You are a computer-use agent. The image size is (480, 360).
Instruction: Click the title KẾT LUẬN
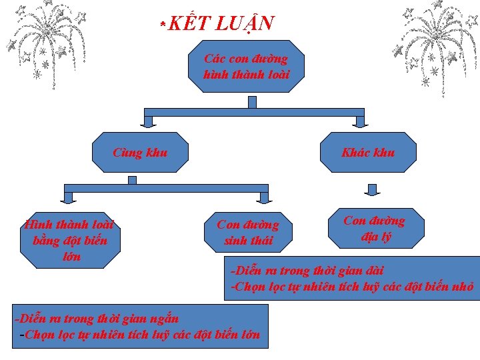[221, 24]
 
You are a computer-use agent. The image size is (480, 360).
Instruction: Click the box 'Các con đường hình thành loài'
[247, 66]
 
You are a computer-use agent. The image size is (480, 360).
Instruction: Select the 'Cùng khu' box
[140, 152]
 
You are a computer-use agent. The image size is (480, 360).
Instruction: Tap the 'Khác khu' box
[368, 152]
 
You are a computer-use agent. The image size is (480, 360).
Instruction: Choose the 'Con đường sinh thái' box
[248, 232]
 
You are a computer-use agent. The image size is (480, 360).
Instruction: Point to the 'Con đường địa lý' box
[375, 229]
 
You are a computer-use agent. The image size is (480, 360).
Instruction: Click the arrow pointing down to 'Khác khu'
[360, 121]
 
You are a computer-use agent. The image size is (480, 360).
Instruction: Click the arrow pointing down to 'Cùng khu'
[148, 121]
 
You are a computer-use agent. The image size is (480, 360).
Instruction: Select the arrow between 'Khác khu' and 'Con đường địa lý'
[373, 190]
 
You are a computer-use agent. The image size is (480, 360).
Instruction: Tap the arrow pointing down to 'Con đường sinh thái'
[264, 197]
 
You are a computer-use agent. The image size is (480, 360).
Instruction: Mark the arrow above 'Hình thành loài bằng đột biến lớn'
[68, 197]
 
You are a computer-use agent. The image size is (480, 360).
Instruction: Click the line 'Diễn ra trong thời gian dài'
[307, 271]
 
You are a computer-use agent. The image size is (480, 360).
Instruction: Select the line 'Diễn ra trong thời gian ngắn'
[97, 319]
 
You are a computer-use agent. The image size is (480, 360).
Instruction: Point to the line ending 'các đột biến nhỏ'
[352, 287]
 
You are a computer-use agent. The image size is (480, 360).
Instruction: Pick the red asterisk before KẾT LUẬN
[162, 25]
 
